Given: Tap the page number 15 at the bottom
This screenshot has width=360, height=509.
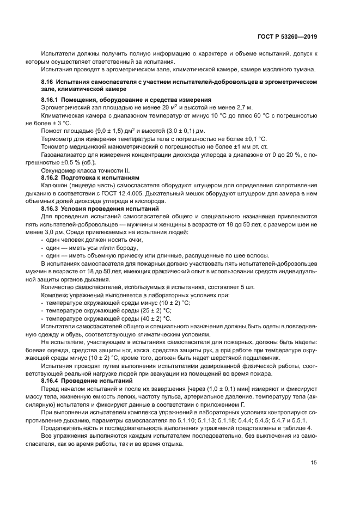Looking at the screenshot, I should [x=314, y=463].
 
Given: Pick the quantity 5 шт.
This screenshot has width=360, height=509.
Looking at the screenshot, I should [x=246, y=287].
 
